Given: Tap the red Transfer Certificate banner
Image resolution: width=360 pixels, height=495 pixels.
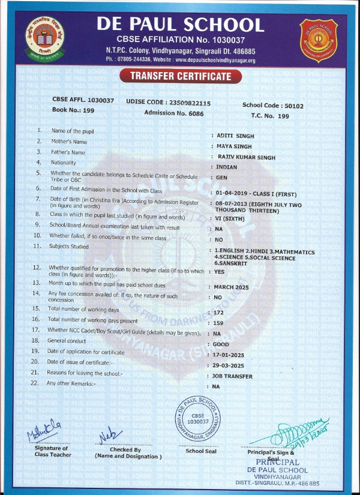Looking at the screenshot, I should (181, 76).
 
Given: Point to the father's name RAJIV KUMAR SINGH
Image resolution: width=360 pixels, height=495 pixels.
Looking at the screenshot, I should (246, 157).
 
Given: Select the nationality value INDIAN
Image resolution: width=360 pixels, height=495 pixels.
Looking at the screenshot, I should (226, 168).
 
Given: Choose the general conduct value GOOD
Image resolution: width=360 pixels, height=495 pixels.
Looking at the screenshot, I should (221, 344).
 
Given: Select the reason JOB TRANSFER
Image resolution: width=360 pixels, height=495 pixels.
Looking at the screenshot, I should (233, 376).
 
